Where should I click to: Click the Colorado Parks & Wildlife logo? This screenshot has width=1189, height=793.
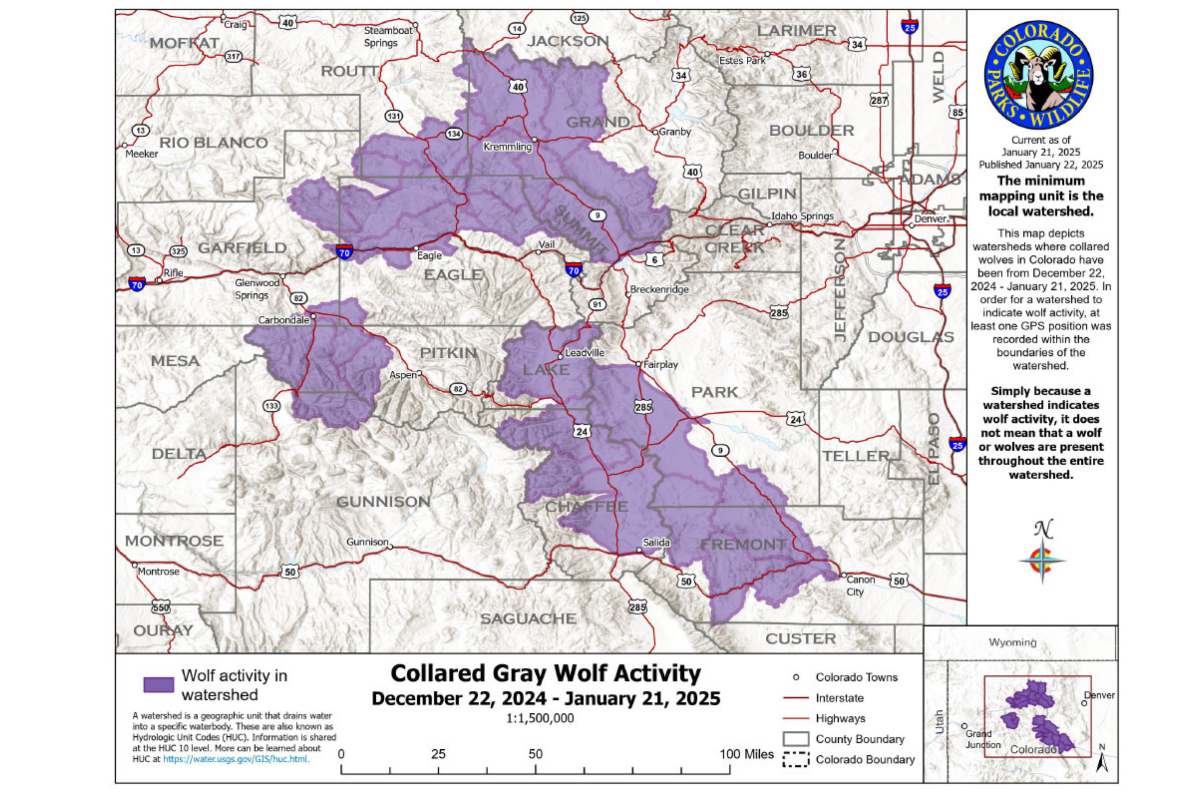point(1038,75)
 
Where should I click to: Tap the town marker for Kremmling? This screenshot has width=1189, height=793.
point(534,139)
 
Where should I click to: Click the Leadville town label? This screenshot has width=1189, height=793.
point(584,353)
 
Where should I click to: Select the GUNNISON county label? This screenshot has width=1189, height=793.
point(383,502)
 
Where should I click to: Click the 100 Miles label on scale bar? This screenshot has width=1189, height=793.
point(746,754)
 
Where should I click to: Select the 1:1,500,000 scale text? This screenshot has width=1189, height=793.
point(539,718)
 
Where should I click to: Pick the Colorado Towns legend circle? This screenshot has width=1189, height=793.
point(796,677)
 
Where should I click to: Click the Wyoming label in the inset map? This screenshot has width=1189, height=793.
point(1012,642)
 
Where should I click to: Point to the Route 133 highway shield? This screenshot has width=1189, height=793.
point(271,406)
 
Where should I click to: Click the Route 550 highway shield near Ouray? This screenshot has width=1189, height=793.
point(161,607)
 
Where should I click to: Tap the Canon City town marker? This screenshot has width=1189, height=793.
point(843,575)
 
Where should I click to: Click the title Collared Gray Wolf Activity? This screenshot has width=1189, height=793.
point(545,674)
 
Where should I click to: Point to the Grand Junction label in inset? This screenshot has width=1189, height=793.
point(982,739)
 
